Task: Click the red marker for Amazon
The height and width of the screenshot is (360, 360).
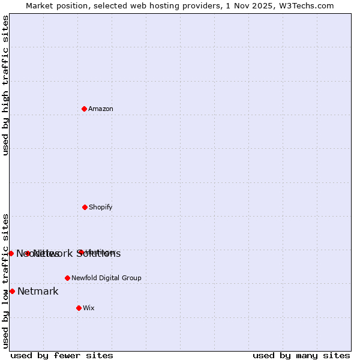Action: (85, 109)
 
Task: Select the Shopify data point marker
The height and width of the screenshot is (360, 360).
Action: (85, 207)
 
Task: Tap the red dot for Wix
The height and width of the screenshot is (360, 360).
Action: (79, 308)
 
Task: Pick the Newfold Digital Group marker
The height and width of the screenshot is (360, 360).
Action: (67, 278)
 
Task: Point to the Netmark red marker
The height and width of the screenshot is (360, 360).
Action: (12, 291)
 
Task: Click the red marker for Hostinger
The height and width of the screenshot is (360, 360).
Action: (80, 252)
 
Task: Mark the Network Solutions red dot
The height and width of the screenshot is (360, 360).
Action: (28, 253)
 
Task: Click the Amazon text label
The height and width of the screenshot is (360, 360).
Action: (101, 109)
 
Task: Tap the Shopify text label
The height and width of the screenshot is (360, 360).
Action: (101, 207)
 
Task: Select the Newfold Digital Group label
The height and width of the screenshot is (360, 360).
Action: (106, 278)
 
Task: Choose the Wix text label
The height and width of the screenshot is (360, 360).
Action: (89, 308)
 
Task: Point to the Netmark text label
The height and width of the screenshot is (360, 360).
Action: (38, 292)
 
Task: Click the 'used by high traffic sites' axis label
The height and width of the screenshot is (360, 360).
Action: (5, 85)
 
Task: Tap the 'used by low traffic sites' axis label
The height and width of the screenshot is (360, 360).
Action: (5, 280)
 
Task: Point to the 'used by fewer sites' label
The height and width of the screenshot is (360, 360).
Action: (62, 355)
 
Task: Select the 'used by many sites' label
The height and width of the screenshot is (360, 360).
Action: (301, 355)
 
